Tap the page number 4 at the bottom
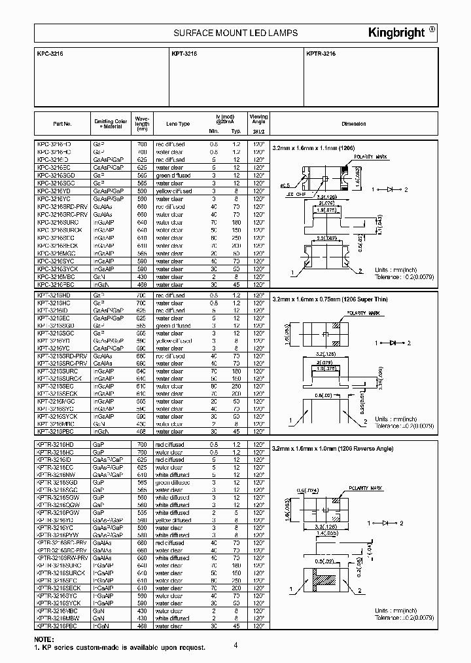coord(235,645)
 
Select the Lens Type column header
coord(178,124)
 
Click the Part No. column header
coord(62,124)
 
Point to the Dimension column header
coord(353,124)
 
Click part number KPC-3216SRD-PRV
coord(62,206)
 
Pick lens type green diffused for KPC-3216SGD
coord(173,176)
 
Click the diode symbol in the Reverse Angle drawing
coord(394,523)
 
